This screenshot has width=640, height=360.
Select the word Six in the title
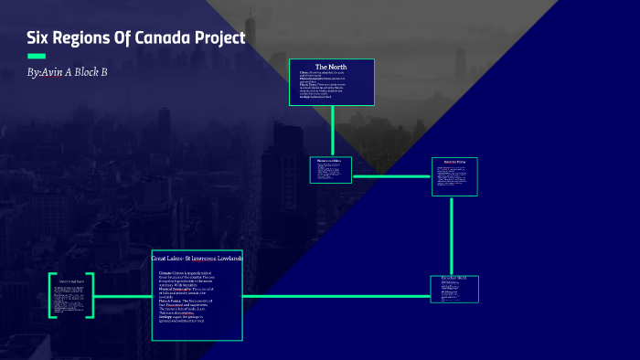[41, 40]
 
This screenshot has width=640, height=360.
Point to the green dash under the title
[37, 57]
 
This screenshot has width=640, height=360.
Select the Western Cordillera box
[330, 169]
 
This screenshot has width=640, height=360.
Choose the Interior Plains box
[454, 176]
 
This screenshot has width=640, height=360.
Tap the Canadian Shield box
[454, 289]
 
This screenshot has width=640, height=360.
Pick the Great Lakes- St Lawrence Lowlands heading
[197, 259]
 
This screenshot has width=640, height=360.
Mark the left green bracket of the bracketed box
[52, 295]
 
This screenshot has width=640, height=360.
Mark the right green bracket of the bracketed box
[91, 295]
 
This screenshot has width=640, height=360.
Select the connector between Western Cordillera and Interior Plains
[391, 176]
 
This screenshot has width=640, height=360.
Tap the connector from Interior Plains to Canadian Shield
[453, 236]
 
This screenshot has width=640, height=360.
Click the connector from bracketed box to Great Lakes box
[123, 296]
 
